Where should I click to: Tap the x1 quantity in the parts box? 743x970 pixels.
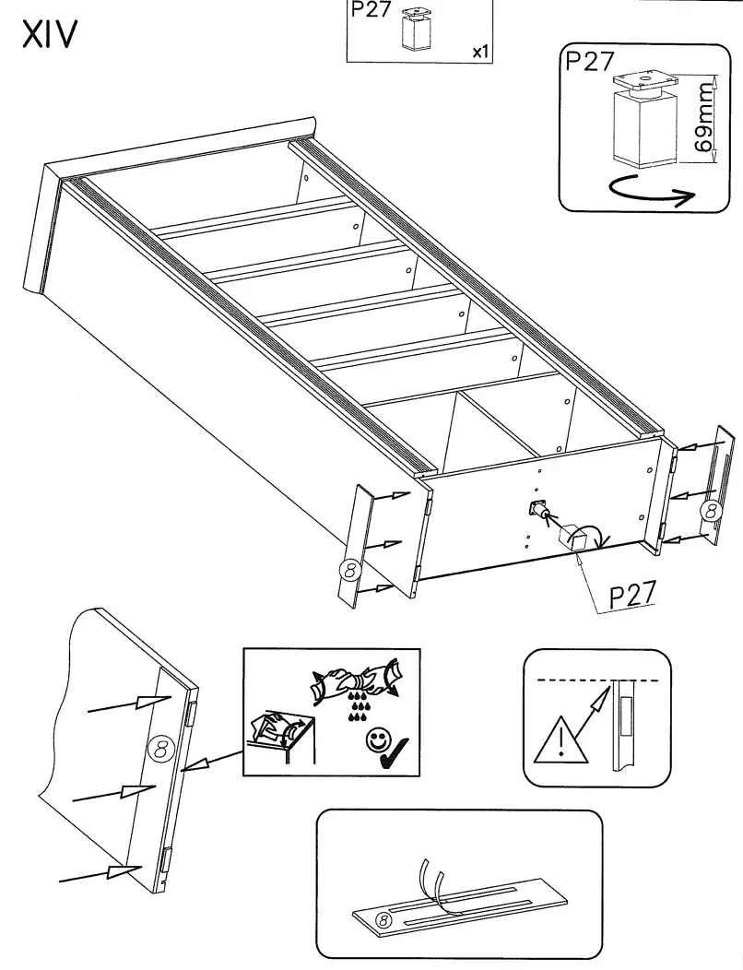[479, 53]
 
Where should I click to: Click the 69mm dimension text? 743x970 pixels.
[705, 120]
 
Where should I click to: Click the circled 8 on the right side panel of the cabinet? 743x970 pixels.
[708, 510]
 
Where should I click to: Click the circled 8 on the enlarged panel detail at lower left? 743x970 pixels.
[158, 749]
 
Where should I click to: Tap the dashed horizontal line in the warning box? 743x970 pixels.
[599, 680]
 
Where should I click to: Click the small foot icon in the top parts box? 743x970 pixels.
[418, 30]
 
